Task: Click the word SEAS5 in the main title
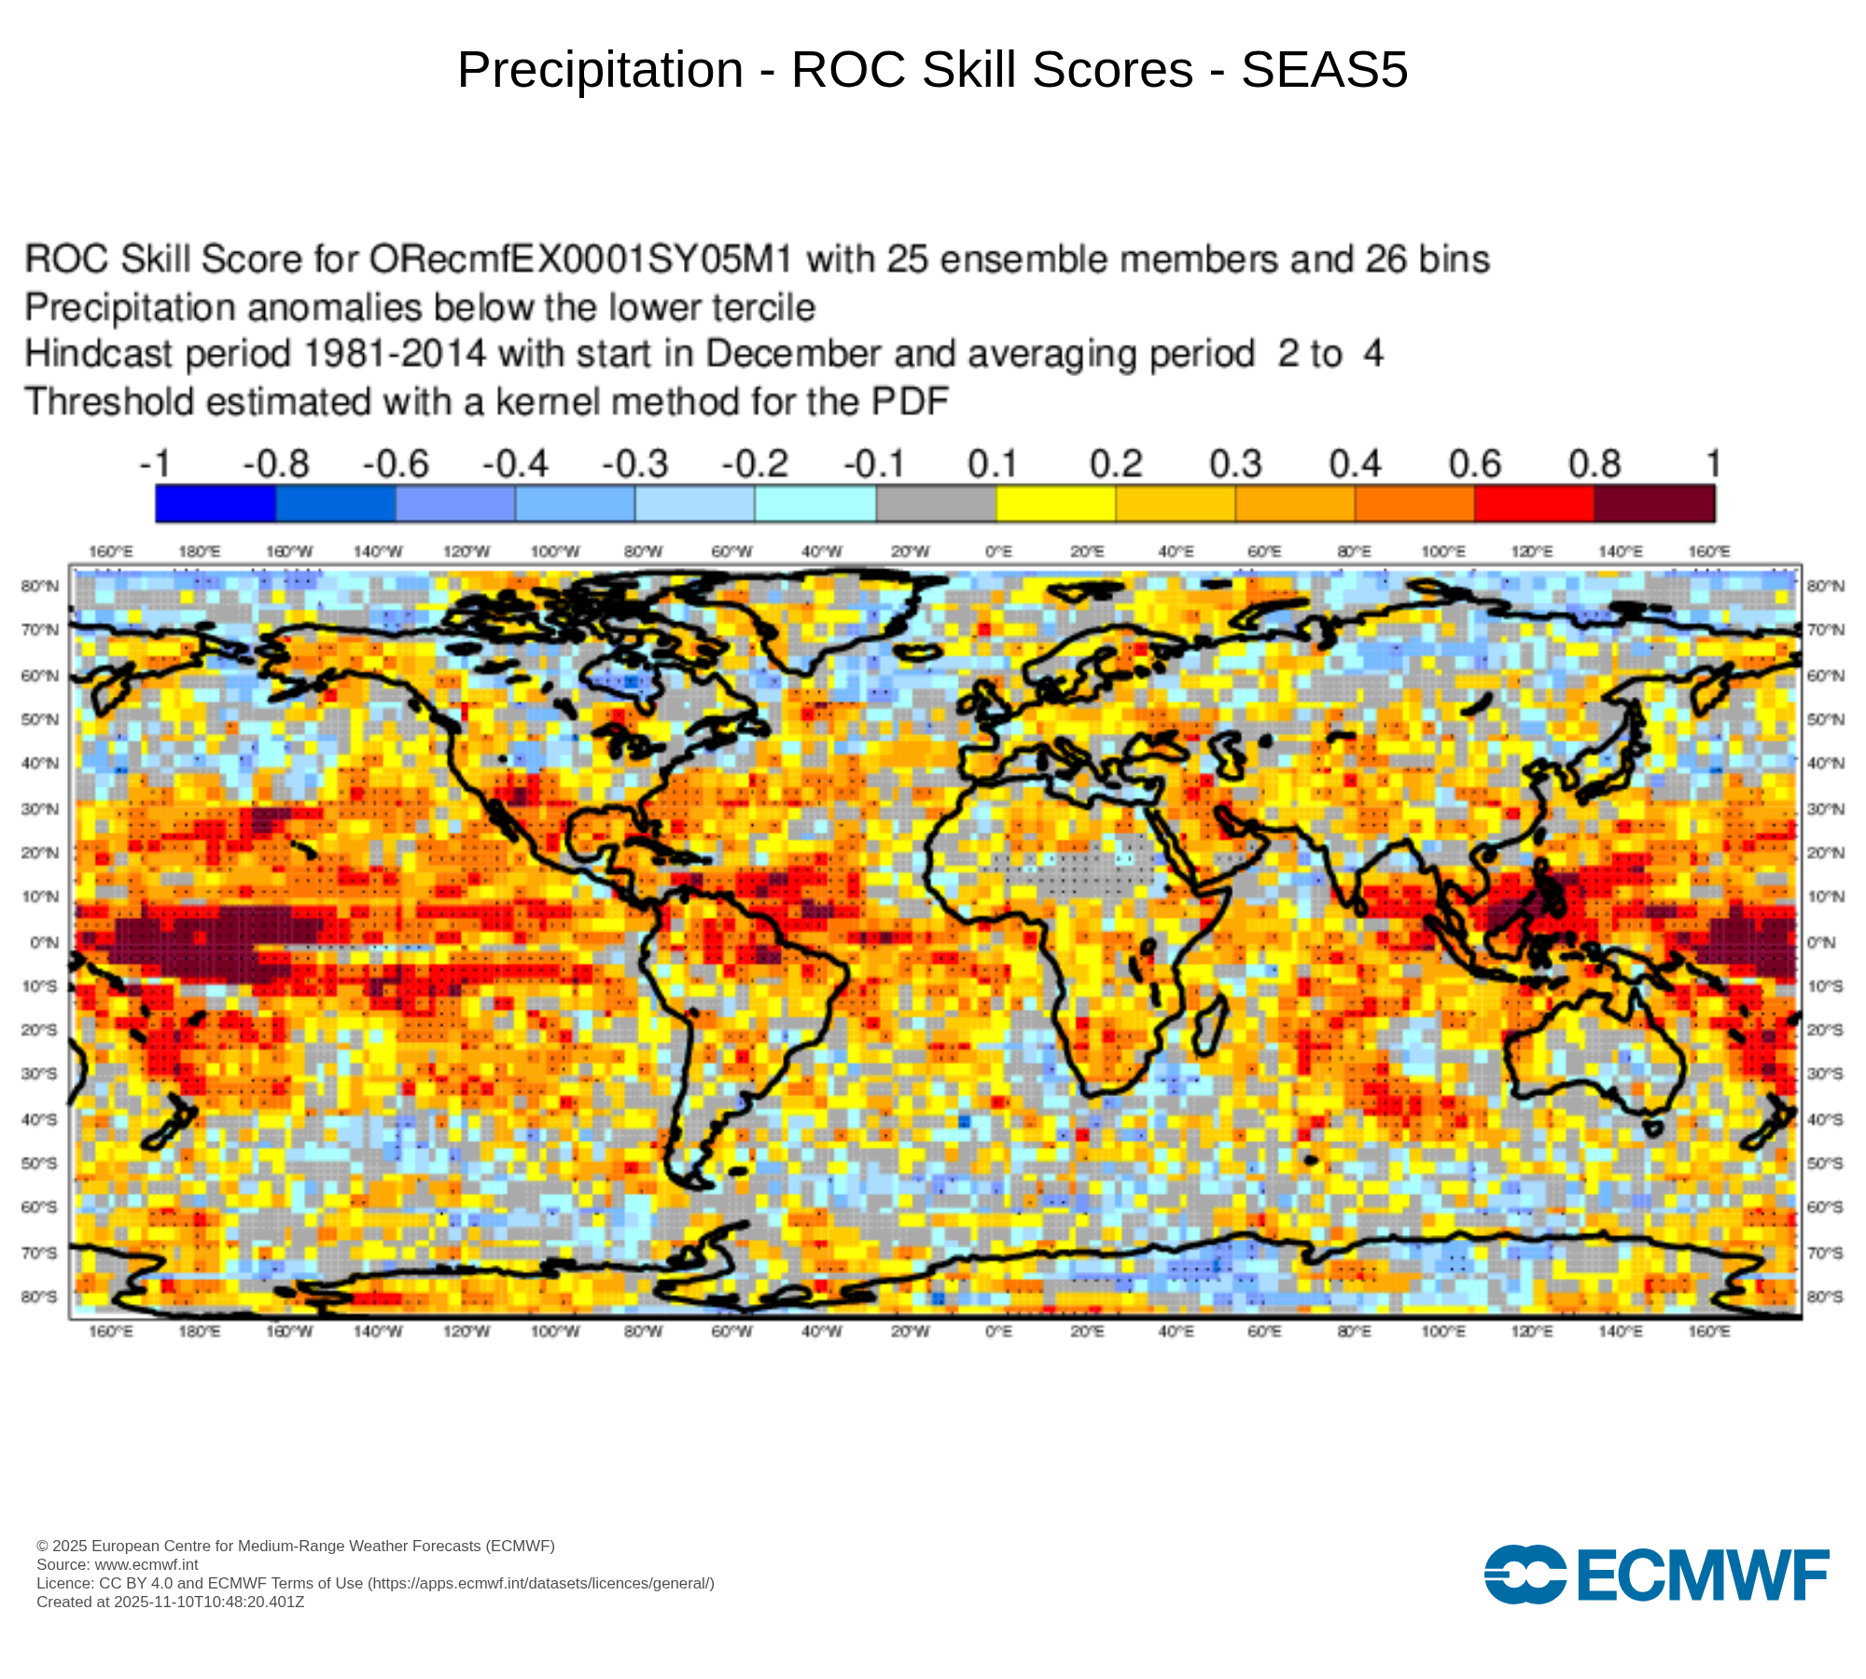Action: pos(1324,70)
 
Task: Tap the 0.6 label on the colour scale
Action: pos(1474,464)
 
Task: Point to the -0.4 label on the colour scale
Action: pos(515,464)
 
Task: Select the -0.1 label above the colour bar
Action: pos(874,464)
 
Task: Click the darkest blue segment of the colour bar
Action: pos(216,504)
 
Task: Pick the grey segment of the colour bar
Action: pos(936,504)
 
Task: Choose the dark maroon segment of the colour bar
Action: pos(1654,504)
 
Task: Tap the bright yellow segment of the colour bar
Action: pos(1056,504)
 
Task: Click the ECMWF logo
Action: pos(1656,1575)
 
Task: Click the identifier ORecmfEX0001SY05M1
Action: pos(580,259)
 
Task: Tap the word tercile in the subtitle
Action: pos(758,307)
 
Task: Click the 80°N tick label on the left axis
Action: pos(39,586)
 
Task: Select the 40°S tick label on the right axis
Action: pos(1825,1118)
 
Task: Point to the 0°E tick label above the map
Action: pos(998,551)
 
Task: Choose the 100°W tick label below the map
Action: pos(555,1331)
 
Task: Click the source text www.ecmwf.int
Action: pos(146,1564)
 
